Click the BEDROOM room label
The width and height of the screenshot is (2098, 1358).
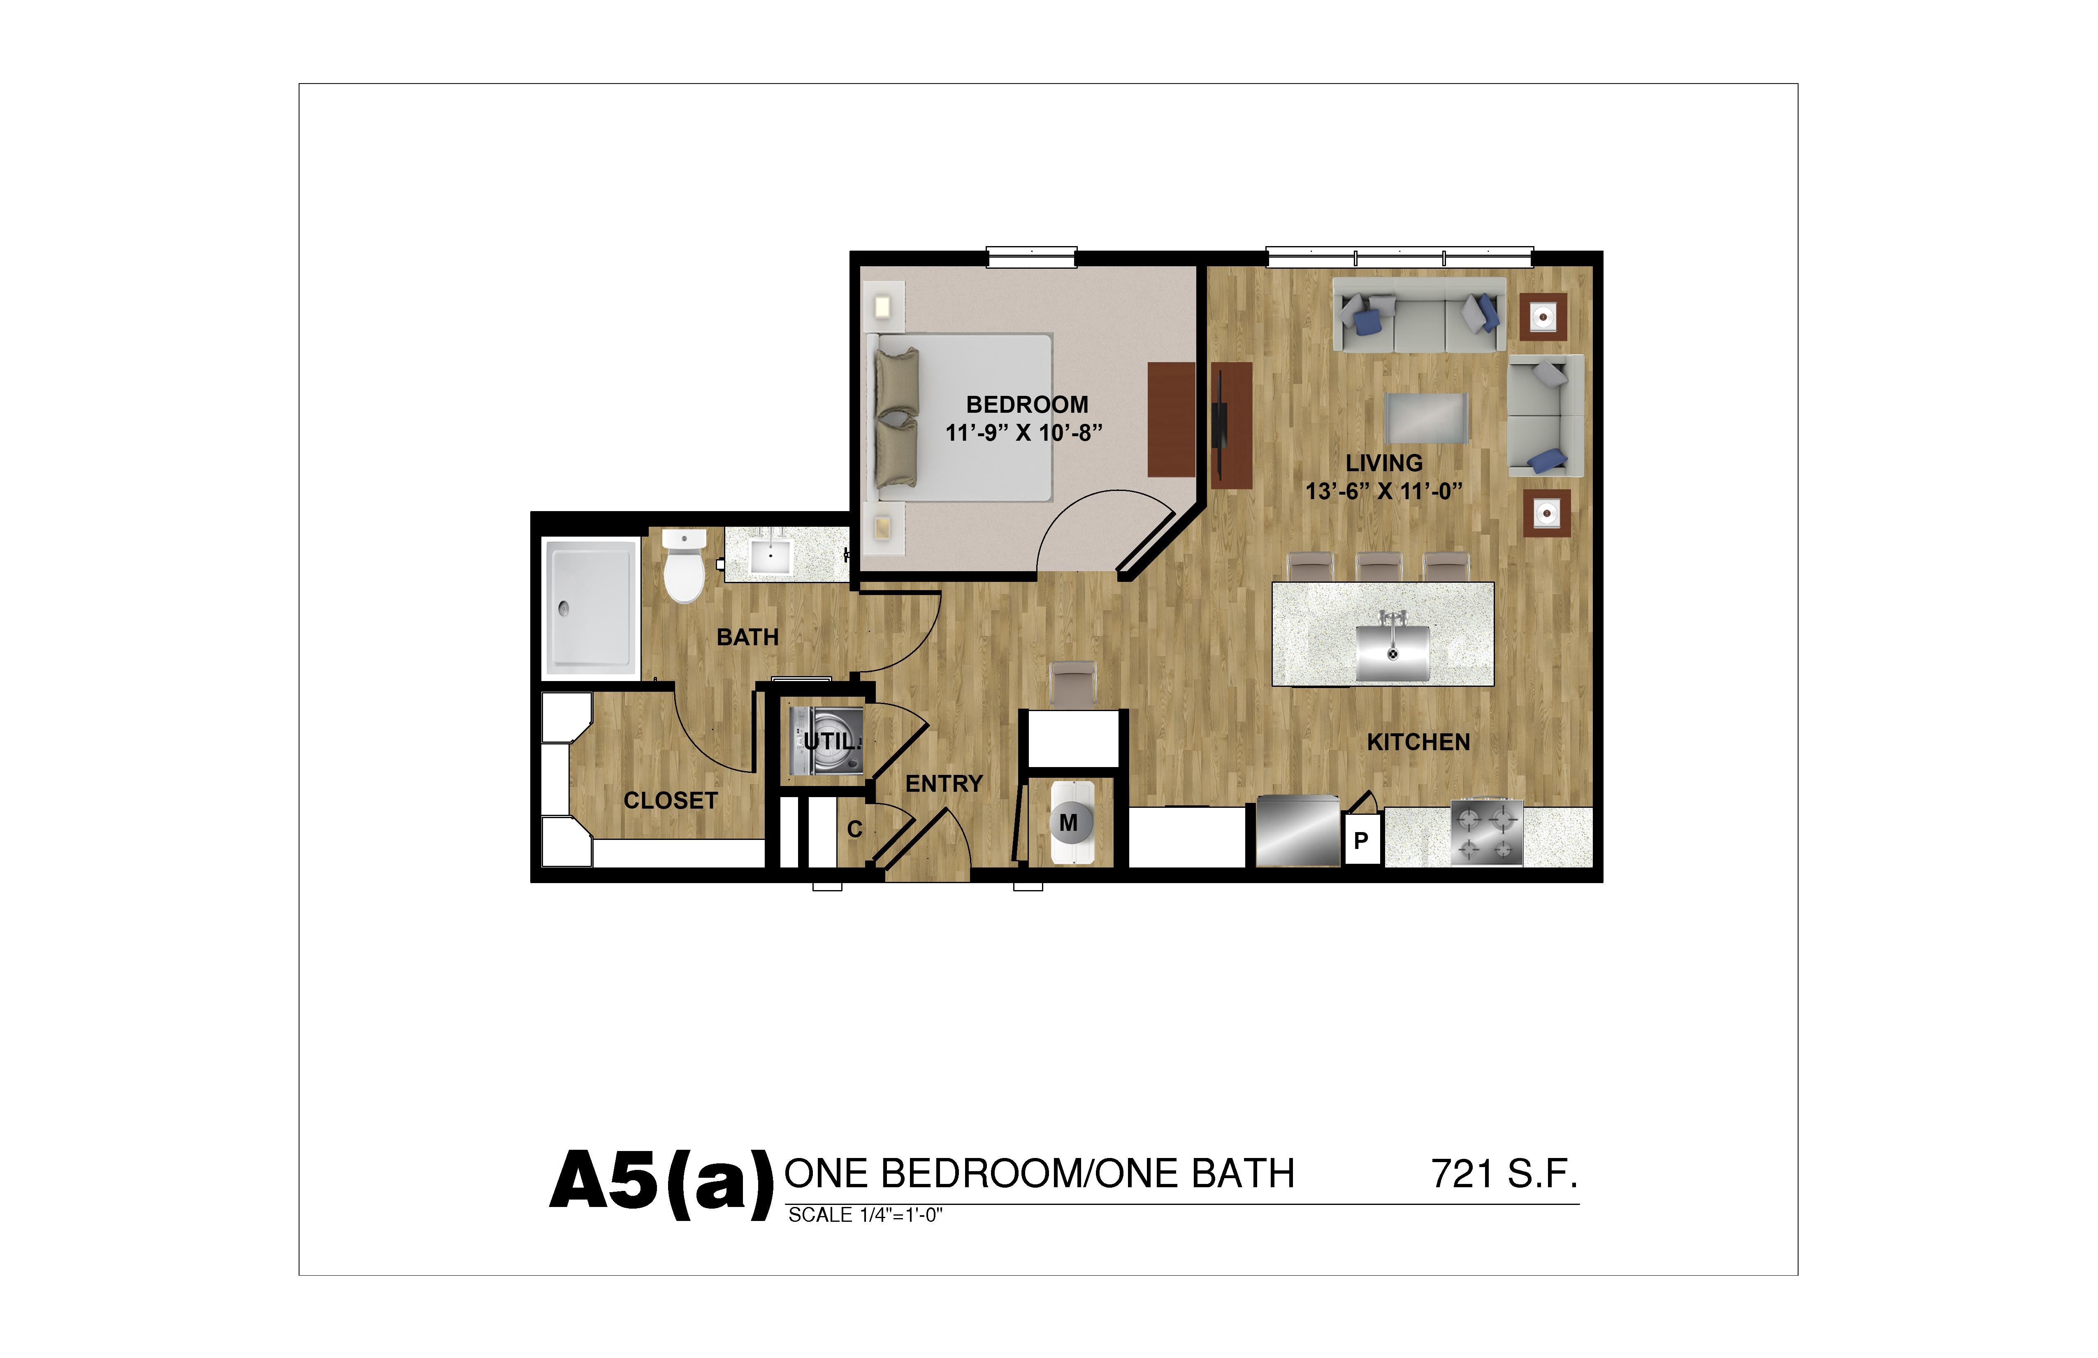pos(1027,405)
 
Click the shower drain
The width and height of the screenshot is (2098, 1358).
pos(563,607)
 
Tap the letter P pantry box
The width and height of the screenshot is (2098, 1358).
pos(1361,840)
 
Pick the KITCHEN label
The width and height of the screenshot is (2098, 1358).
pos(1418,742)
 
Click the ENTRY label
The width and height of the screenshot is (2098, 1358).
pos(944,783)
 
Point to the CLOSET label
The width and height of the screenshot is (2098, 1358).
pos(671,801)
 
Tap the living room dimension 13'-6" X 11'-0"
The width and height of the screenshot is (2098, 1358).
pos(1384,491)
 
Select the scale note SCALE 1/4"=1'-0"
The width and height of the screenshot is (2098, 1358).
pos(865,1215)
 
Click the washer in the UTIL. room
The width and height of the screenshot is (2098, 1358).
pos(826,741)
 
